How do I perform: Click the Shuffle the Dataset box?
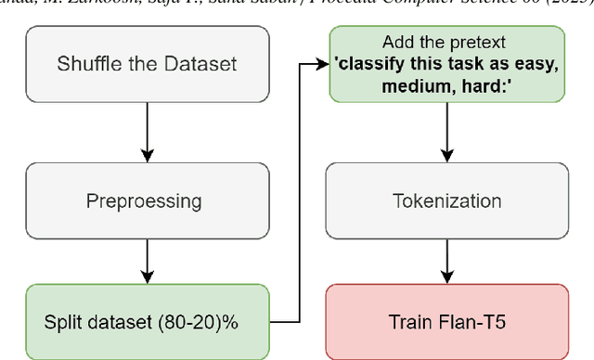(x=148, y=64)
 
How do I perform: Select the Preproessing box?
(x=148, y=199)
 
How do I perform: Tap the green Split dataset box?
(x=148, y=322)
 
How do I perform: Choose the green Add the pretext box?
(x=447, y=64)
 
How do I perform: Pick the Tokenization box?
(x=447, y=199)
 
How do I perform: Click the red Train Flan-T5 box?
(x=447, y=322)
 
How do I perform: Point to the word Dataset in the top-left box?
(x=203, y=64)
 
